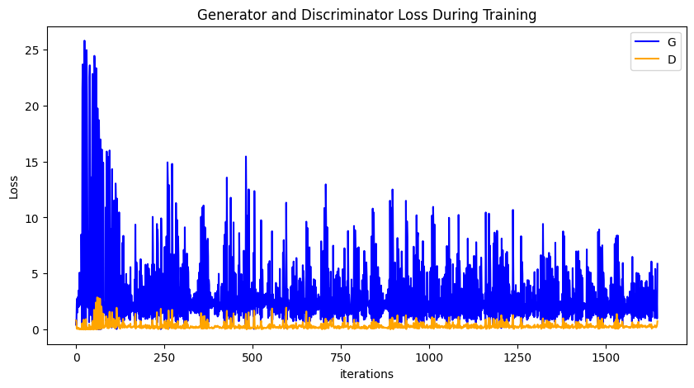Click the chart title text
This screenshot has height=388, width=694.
366,15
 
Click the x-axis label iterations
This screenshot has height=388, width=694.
366,374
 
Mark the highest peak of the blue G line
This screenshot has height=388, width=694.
84,41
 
